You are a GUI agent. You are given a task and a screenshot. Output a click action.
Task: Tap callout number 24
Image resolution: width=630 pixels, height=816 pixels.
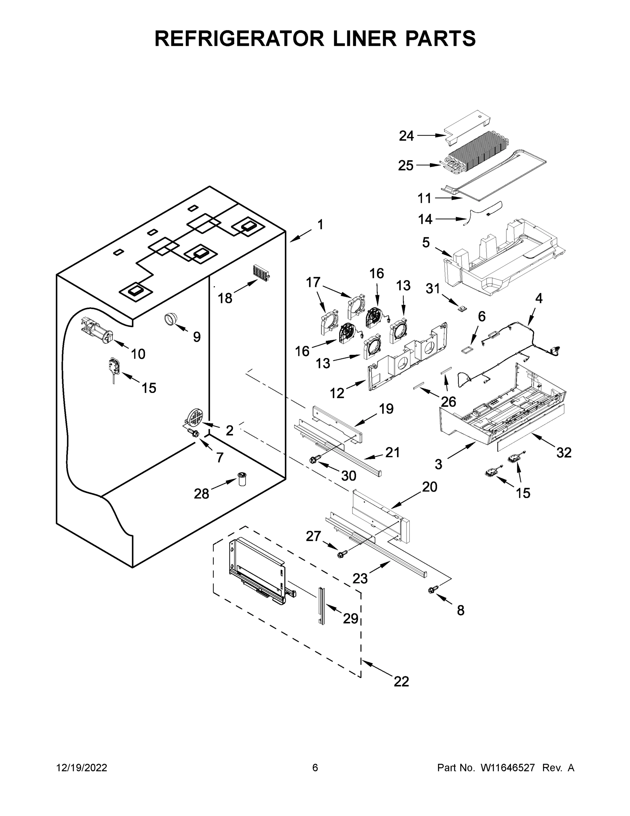(406, 136)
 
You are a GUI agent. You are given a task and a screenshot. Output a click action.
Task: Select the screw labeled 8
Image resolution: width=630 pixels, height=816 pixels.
(433, 590)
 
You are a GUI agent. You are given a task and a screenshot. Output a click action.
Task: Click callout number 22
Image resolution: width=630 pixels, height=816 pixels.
(401, 681)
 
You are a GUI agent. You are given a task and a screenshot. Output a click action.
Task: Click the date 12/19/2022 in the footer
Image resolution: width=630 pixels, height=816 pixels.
(82, 768)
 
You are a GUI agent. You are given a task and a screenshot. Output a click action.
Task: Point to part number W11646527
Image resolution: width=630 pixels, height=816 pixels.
(508, 768)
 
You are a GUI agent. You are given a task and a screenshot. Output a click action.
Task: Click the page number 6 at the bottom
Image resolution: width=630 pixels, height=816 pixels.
(315, 768)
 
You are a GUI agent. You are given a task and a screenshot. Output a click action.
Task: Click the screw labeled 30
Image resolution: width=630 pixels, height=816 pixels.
(314, 461)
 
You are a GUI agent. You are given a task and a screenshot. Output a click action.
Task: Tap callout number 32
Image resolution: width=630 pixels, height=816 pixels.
(563, 453)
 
